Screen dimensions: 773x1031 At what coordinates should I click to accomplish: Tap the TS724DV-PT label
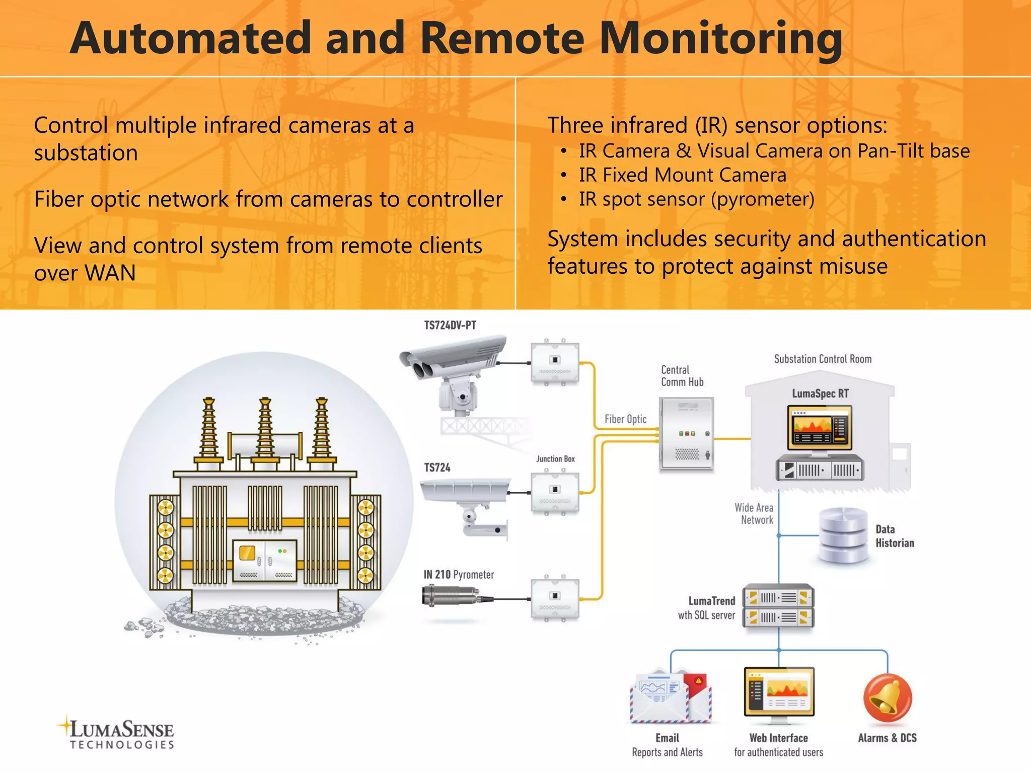[450, 325]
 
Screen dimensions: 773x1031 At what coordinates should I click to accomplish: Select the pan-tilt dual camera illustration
[453, 370]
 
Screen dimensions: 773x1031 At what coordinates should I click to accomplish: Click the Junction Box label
[555, 459]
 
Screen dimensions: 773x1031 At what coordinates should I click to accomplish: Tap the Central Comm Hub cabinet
[686, 434]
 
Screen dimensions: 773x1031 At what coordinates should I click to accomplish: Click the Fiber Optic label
[625, 419]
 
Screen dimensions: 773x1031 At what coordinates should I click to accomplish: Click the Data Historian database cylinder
[843, 535]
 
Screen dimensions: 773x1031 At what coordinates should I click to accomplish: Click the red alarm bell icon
[887, 698]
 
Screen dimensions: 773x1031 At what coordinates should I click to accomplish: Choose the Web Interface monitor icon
[778, 692]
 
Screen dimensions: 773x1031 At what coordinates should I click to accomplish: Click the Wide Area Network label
[755, 514]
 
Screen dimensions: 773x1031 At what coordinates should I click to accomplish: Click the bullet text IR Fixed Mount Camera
[682, 175]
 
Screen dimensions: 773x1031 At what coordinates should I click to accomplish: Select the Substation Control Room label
[823, 359]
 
